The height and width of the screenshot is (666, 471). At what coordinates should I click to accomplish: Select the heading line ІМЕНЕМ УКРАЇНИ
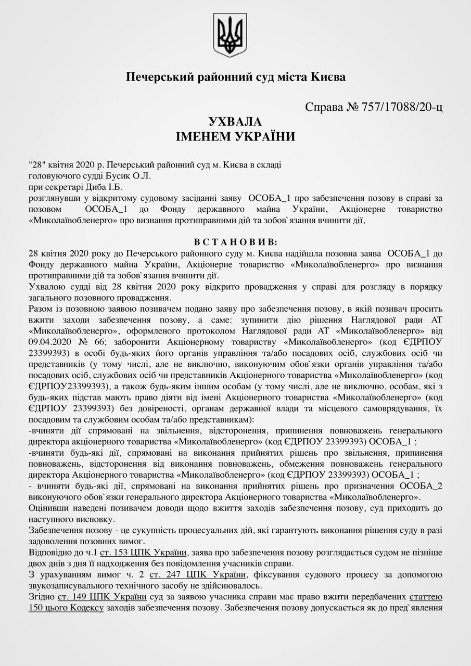click(235, 137)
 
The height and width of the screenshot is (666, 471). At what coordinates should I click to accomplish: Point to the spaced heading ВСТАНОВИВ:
click(236, 242)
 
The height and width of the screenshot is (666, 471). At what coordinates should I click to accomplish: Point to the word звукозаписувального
click(74, 585)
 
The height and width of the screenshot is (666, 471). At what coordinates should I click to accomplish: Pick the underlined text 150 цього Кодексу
click(67, 608)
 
